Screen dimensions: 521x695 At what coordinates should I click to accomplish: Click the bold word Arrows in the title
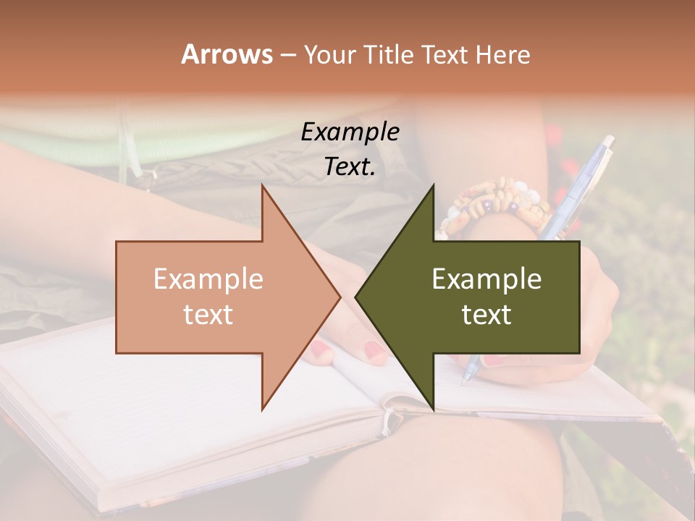click(x=227, y=54)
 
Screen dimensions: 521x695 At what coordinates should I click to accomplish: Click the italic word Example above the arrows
click(x=350, y=132)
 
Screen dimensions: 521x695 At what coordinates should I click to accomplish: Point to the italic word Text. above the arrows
click(x=350, y=167)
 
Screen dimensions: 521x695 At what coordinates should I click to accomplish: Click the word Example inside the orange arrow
click(x=208, y=279)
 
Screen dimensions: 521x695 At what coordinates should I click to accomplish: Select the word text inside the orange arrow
click(x=208, y=314)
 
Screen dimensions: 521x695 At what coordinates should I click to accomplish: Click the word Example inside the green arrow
click(x=486, y=279)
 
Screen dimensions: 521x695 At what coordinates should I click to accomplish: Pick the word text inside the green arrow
click(x=486, y=314)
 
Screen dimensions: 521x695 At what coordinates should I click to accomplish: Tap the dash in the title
click(x=287, y=55)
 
